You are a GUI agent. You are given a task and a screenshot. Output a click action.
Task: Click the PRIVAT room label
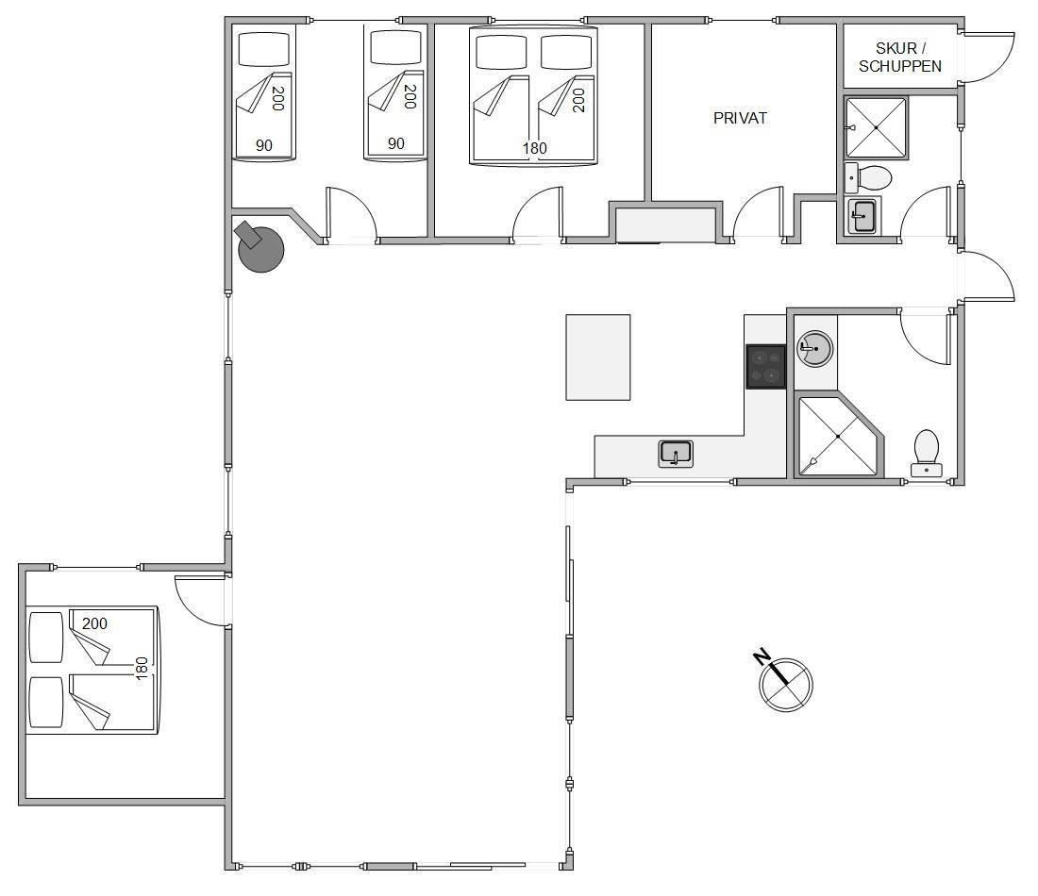pyautogui.click(x=740, y=119)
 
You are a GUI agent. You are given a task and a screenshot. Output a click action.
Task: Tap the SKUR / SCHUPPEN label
pyautogui.click(x=899, y=57)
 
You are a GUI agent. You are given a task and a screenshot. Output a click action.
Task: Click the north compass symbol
pyautogui.click(x=783, y=681)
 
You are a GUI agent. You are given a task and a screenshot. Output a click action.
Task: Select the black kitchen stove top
pyautogui.click(x=766, y=366)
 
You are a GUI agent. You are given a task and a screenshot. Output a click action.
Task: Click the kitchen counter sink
pyautogui.click(x=676, y=454)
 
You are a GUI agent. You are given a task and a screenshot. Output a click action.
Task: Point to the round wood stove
pyautogui.click(x=260, y=247)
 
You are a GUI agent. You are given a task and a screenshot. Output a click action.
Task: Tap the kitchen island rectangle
pyautogui.click(x=597, y=357)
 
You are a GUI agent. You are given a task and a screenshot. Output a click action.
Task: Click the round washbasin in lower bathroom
pyautogui.click(x=815, y=349)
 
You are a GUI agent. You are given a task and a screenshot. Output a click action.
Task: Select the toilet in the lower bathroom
pyautogui.click(x=926, y=454)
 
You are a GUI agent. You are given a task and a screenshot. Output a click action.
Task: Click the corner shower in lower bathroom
pyautogui.click(x=839, y=436)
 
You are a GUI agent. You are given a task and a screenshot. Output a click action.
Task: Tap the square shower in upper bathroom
pyautogui.click(x=876, y=127)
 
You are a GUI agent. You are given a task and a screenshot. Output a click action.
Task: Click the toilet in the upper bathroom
pyautogui.click(x=868, y=177)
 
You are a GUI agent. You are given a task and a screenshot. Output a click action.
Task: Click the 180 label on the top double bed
pyautogui.click(x=535, y=148)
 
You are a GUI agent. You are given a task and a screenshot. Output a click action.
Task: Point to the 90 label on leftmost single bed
pyautogui.click(x=264, y=145)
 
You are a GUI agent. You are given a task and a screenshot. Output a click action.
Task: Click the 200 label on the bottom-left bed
pyautogui.click(x=94, y=623)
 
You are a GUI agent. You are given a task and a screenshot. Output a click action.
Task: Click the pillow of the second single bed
pyautogui.click(x=396, y=48)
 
